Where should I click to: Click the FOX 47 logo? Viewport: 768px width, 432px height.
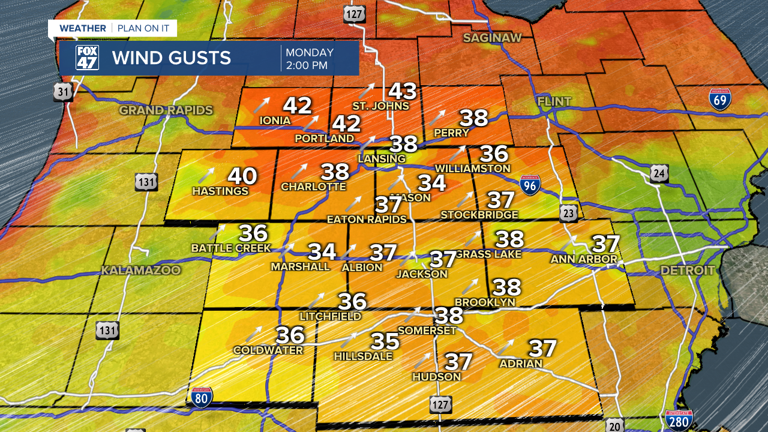[87, 58]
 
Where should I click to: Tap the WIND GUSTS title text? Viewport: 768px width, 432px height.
[171, 58]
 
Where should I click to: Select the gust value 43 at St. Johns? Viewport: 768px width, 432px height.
[403, 91]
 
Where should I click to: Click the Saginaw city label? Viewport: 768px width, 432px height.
[492, 38]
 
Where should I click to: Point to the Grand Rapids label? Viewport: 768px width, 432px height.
[166, 110]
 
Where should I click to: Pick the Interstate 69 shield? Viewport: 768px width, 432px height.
[720, 99]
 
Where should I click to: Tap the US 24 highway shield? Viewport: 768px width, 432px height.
[659, 174]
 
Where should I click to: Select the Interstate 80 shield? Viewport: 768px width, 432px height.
[202, 397]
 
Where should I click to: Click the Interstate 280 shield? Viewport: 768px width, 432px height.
[679, 421]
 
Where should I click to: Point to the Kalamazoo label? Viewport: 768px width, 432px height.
[140, 271]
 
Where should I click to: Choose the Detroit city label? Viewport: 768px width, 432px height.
[688, 271]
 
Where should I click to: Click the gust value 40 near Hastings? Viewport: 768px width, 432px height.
[242, 176]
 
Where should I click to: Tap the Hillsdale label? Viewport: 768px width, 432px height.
[363, 356]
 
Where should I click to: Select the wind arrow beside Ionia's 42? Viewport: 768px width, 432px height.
[261, 104]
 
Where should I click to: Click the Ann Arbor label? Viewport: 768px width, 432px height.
[584, 259]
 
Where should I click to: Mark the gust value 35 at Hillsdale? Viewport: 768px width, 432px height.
[385, 341]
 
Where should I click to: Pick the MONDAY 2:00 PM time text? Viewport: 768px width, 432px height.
[310, 59]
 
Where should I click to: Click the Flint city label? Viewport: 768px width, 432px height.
[554, 102]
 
